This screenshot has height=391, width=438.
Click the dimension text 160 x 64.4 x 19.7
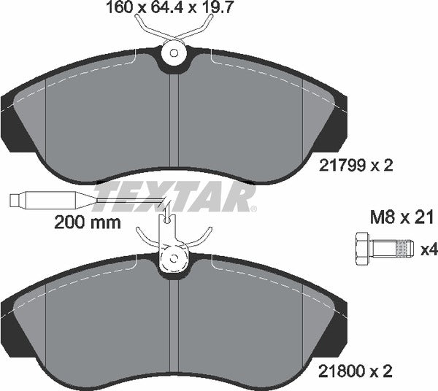(174, 10)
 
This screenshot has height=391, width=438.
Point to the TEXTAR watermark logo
(175, 197)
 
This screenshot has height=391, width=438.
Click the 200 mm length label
(88, 223)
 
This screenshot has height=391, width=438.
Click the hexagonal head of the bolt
(363, 249)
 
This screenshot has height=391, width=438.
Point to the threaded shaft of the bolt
(394, 249)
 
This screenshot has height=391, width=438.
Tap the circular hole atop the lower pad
(174, 258)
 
